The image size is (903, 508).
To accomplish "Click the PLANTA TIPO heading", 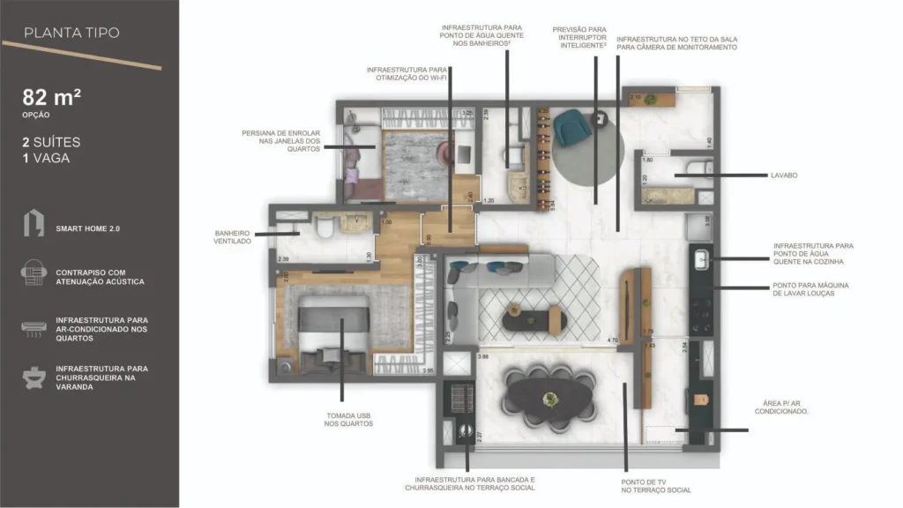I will pyautogui.click(x=71, y=34).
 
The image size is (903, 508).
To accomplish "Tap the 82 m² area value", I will pyautogui.click(x=52, y=98).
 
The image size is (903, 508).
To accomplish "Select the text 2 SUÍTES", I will pyautogui.click(x=52, y=141).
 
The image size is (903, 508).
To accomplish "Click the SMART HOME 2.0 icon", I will pyautogui.click(x=34, y=224).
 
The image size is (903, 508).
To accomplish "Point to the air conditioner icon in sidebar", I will pyautogui.click(x=34, y=327).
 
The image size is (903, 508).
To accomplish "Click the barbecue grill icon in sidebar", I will pyautogui.click(x=34, y=377).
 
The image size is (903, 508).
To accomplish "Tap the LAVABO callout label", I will pyautogui.click(x=783, y=176).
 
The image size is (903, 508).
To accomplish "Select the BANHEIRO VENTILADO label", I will pyautogui.click(x=233, y=237).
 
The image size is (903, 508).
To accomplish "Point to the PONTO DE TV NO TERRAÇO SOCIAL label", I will pyautogui.click(x=655, y=486).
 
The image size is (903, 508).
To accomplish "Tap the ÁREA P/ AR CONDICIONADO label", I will pyautogui.click(x=783, y=407).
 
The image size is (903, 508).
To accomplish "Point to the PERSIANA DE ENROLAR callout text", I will pyautogui.click(x=280, y=141).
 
